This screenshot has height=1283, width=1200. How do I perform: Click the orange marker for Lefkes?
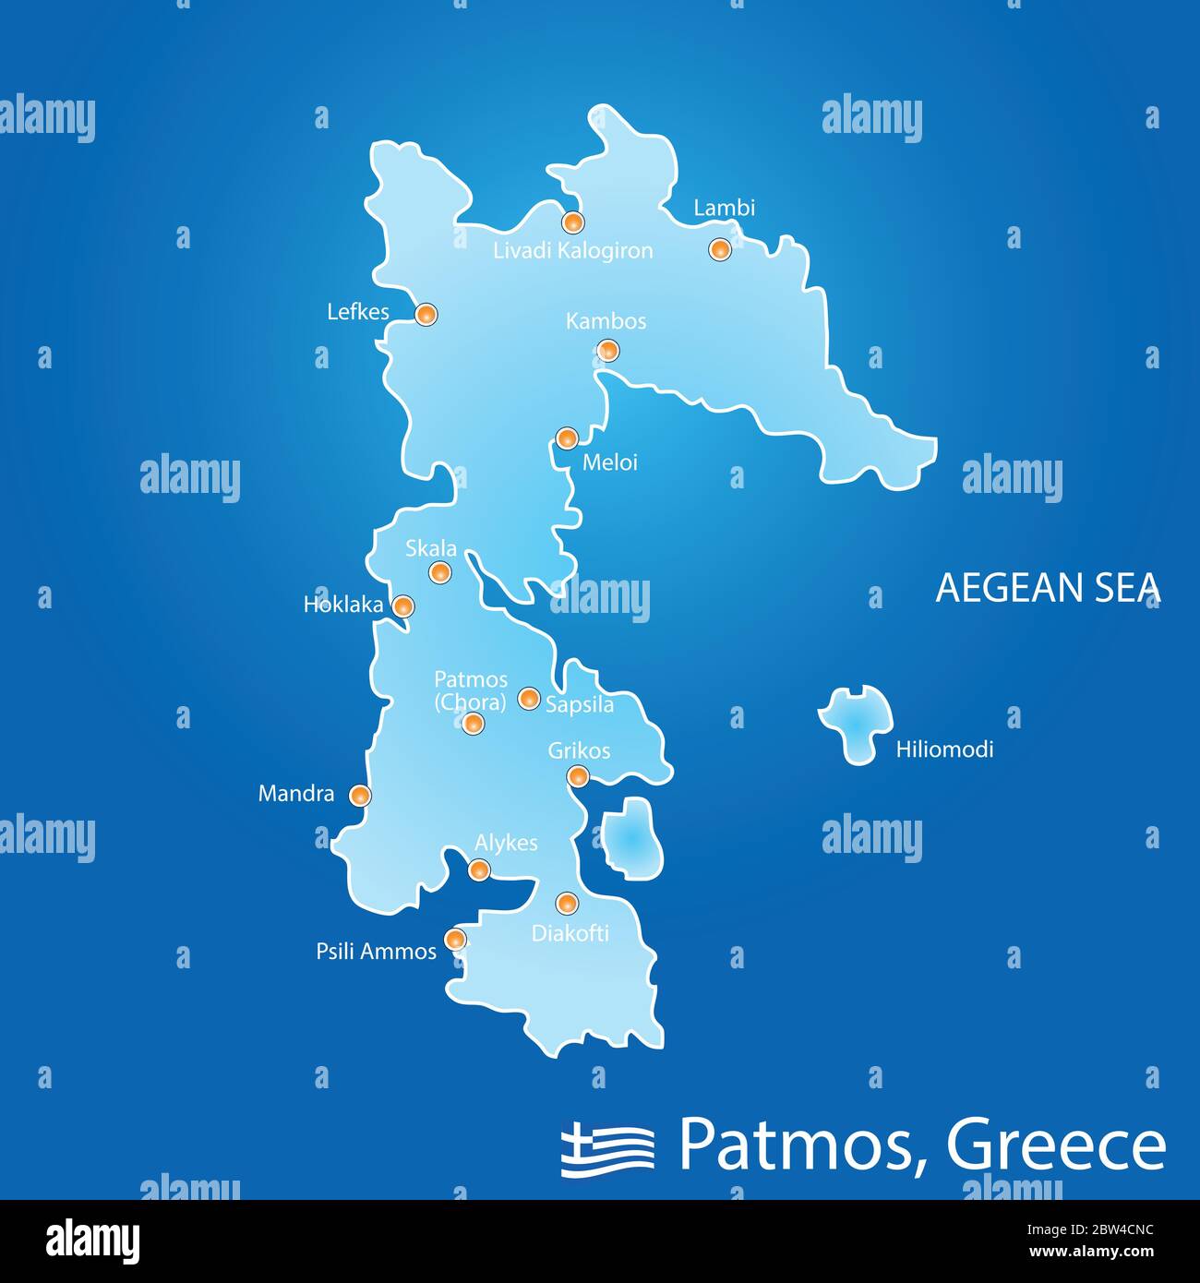point(426,315)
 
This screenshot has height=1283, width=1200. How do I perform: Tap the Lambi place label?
point(724,208)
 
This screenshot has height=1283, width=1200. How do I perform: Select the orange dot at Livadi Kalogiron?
point(573,222)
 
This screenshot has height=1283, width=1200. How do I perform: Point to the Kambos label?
point(606,321)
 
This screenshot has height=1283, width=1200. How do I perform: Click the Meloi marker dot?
point(567,438)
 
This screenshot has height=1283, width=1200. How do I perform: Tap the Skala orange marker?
point(441,573)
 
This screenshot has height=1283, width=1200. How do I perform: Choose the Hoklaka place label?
point(342,606)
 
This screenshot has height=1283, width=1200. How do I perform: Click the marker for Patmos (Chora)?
point(472,724)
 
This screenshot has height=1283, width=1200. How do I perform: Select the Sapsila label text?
point(580,705)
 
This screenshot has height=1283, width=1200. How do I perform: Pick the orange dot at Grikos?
point(578,776)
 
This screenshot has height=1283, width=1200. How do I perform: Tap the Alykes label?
point(506,843)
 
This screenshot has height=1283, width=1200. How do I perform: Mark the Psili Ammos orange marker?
point(454,940)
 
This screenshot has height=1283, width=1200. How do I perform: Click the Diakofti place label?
point(570,933)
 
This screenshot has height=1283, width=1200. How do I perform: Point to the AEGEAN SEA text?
point(1048,588)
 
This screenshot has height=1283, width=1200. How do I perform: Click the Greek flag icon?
point(607,1148)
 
